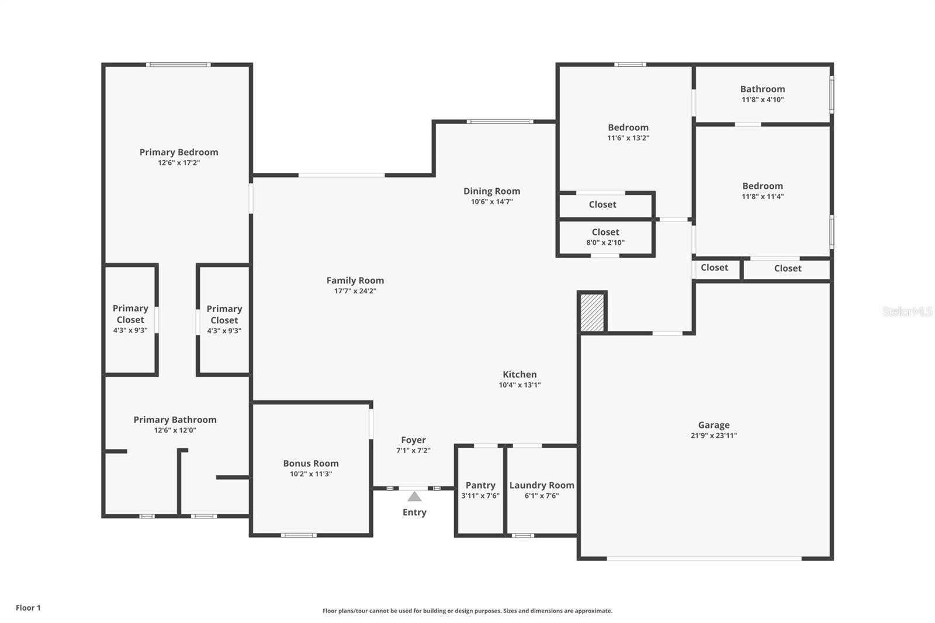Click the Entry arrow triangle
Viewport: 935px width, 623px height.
pos(414,497)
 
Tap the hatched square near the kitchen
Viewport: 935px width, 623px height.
pos(592,313)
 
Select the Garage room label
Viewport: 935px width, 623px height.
pos(714,425)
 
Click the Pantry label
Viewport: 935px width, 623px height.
pos(480,485)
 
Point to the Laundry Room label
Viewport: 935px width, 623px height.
pos(542,485)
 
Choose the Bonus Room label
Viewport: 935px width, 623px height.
pos(311,463)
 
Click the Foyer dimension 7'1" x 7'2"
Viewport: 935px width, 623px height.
pos(413,451)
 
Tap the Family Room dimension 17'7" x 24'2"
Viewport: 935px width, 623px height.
pos(355,291)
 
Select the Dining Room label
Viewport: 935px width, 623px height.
pos(491,191)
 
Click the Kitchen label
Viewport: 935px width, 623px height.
pos(520,375)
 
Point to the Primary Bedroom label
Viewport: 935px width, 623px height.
pos(179,152)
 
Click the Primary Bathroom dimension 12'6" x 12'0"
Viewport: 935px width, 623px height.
pos(175,430)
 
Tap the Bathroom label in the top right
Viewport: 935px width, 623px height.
pos(763,89)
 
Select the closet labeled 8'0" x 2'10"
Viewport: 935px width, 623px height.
pos(605,237)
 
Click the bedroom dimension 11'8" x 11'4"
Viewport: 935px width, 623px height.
pos(763,196)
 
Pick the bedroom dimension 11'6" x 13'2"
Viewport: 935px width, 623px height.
pos(628,138)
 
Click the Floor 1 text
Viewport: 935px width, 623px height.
pos(28,608)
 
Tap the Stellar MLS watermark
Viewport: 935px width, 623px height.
pos(907,311)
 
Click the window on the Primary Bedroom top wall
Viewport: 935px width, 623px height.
pos(178,65)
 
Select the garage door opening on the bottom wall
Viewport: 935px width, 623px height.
pos(704,559)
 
